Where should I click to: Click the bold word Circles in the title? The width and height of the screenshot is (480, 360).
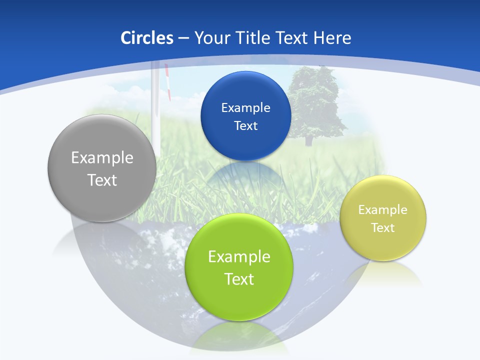pyautogui.click(x=146, y=38)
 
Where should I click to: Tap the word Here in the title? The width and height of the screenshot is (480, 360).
pyautogui.click(x=332, y=38)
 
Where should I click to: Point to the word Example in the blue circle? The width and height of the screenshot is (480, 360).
pyautogui.click(x=245, y=107)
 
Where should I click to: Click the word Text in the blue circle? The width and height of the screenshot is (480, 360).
pyautogui.click(x=245, y=125)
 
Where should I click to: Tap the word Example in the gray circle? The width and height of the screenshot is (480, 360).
pyautogui.click(x=102, y=157)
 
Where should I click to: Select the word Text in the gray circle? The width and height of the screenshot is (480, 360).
pyautogui.click(x=102, y=180)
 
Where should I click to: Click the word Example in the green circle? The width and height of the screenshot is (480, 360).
pyautogui.click(x=239, y=256)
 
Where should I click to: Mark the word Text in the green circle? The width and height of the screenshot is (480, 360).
pyautogui.click(x=239, y=279)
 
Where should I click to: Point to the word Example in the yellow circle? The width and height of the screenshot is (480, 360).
pyautogui.click(x=383, y=209)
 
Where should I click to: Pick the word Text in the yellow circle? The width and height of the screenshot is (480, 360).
pyautogui.click(x=383, y=227)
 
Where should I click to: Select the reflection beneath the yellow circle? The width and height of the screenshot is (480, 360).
pyautogui.click(x=383, y=275)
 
